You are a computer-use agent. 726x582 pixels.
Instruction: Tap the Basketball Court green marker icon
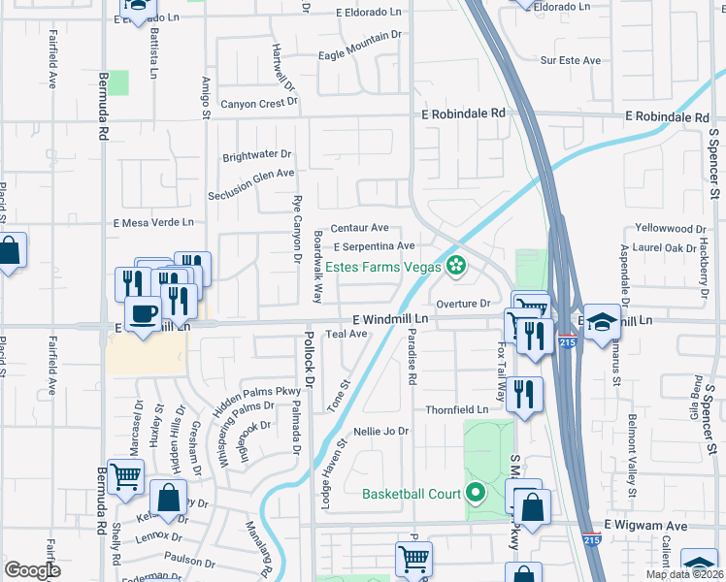(x=475, y=494)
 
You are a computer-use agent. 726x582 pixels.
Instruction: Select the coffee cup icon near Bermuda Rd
(x=144, y=315)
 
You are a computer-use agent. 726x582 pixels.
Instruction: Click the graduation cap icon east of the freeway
(x=602, y=324)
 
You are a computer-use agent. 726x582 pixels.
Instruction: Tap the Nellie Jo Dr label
(x=382, y=431)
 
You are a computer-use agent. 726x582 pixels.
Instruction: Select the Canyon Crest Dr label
(x=257, y=104)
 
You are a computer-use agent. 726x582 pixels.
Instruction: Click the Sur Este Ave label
(x=572, y=60)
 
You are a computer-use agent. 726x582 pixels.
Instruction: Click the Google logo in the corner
(x=32, y=570)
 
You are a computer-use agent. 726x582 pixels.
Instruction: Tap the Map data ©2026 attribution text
(x=683, y=574)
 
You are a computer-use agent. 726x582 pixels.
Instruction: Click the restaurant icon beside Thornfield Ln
(x=524, y=394)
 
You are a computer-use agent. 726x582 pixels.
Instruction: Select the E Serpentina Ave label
(x=374, y=246)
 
